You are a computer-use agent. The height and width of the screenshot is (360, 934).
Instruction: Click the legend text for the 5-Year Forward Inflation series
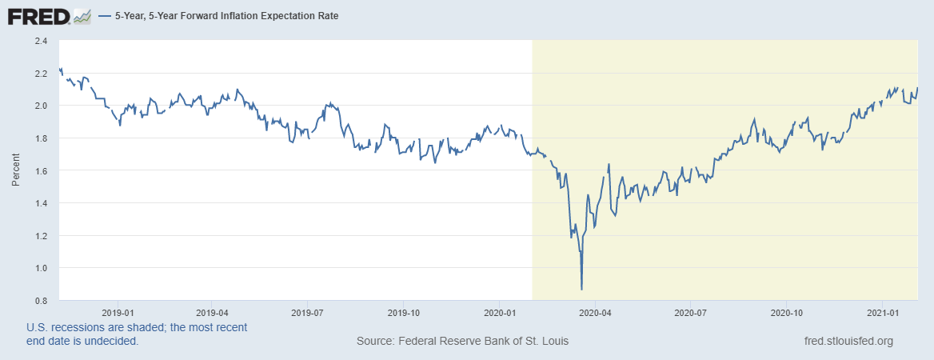pos(227,16)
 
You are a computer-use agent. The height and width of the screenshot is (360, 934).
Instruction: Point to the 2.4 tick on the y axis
pos(41,41)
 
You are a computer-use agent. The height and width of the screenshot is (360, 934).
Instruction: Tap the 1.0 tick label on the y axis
pos(41,268)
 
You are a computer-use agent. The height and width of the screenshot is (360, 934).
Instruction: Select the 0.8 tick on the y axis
pos(41,300)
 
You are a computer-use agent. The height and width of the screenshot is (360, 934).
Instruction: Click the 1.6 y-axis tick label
pos(41,170)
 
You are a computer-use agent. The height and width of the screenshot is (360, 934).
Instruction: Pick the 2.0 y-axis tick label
pos(41,106)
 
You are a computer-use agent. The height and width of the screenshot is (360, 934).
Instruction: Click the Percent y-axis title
pos(15,170)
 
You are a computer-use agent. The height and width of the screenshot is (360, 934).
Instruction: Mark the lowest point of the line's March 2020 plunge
pos(581,289)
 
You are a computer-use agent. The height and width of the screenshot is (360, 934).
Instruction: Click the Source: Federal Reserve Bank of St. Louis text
pos(462,342)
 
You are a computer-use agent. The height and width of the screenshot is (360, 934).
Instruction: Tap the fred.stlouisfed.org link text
pos(848,342)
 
